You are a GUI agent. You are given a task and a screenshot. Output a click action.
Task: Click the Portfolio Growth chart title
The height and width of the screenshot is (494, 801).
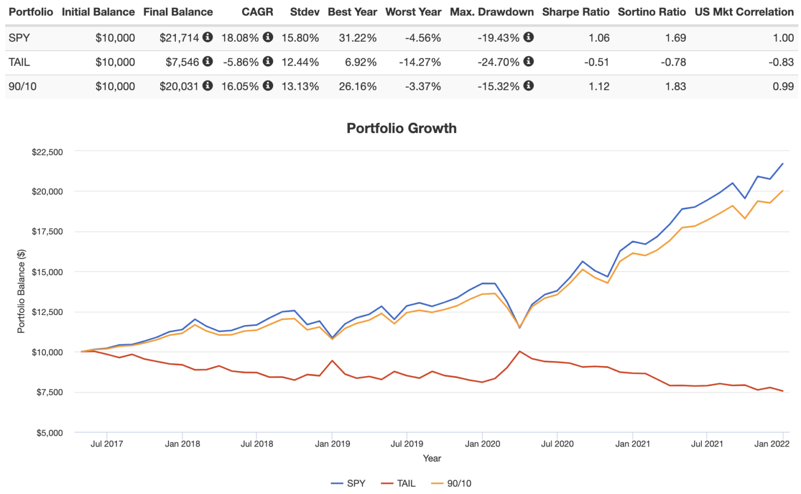(x=401, y=128)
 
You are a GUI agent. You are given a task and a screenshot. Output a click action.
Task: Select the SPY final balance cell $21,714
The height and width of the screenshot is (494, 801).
(x=179, y=38)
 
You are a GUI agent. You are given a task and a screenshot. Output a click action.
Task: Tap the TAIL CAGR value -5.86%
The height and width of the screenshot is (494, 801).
(x=241, y=62)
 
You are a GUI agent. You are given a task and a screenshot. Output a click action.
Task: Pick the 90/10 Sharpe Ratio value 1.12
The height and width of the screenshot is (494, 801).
(x=599, y=87)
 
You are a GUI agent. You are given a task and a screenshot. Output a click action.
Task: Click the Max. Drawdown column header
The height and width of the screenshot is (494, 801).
(x=492, y=12)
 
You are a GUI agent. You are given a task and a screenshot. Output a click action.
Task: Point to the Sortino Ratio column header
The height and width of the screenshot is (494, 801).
(x=652, y=12)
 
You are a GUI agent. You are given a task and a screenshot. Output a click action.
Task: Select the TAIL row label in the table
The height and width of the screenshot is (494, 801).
(x=19, y=62)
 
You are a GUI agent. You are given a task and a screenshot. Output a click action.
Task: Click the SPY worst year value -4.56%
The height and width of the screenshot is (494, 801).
(x=423, y=38)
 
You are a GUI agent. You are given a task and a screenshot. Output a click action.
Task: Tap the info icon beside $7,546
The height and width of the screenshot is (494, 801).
(x=208, y=62)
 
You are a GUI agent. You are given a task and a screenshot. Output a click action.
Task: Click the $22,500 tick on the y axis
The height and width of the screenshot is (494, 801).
(x=47, y=152)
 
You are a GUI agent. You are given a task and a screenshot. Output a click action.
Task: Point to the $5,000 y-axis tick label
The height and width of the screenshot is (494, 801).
(x=50, y=432)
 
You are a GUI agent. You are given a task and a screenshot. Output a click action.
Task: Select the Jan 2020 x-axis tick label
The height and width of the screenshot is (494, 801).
(x=482, y=444)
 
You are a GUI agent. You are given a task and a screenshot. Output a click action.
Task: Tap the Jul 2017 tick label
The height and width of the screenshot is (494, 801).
(x=106, y=444)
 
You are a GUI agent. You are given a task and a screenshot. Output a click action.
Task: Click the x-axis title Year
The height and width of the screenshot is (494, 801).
(x=432, y=458)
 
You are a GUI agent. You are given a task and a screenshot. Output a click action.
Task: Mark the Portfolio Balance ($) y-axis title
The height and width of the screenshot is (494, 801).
(x=21, y=291)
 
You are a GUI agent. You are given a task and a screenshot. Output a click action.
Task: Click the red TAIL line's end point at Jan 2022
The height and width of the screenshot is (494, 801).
(x=783, y=391)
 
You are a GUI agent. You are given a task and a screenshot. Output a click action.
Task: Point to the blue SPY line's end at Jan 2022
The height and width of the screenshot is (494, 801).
(x=783, y=164)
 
